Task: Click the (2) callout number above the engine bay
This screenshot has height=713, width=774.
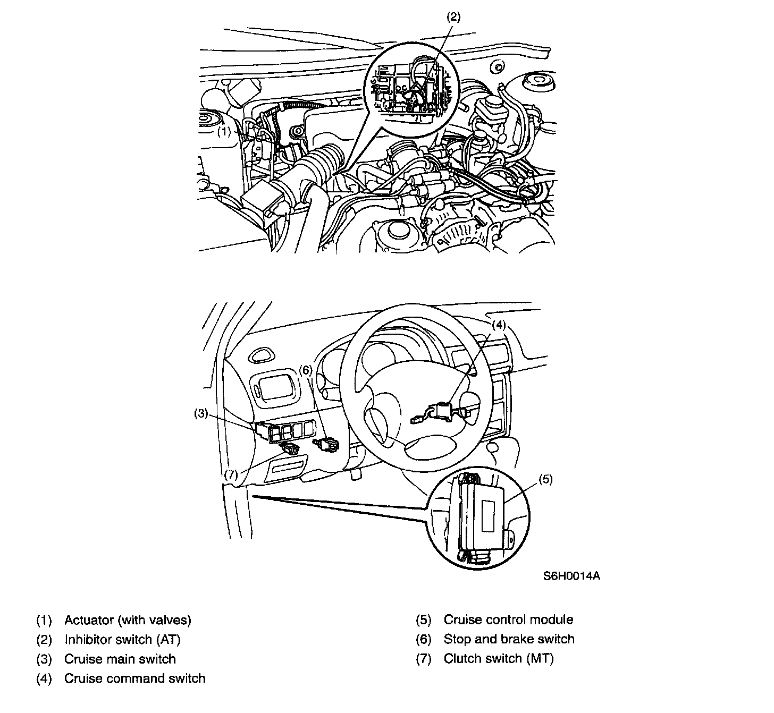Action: coord(452,16)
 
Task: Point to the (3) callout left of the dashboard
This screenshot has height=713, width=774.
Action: coord(200,413)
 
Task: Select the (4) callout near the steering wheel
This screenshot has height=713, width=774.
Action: coord(498,325)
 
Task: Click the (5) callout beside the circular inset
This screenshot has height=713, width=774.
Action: coord(545,479)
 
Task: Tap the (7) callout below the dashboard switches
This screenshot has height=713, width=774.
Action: coord(230,474)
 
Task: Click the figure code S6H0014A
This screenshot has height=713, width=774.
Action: coord(571,576)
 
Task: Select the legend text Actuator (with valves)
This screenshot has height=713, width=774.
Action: coord(128,619)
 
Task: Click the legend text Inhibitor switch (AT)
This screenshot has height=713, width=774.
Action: coord(123,639)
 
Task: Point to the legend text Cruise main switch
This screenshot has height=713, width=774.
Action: coord(120,659)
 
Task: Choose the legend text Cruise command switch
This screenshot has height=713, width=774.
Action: coord(134,678)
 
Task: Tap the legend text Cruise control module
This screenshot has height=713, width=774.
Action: coord(508,619)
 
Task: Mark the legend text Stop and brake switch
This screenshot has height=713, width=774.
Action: coord(509,639)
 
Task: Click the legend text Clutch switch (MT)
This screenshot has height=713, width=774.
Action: coord(498,659)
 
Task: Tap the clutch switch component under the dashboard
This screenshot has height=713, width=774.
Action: coord(291,449)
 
